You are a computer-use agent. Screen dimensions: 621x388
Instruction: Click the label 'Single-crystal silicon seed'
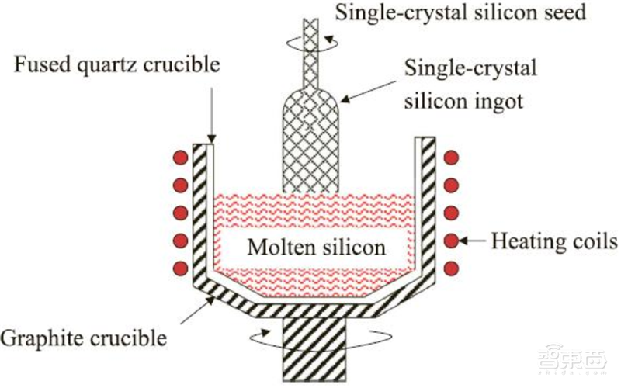tap(460, 12)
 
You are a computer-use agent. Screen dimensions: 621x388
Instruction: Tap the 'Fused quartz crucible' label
tap(117, 64)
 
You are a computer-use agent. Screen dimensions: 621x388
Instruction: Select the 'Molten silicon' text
tap(316, 247)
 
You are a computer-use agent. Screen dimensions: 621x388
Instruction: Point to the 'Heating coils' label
tap(554, 241)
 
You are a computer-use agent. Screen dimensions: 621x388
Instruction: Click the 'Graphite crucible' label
tap(84, 338)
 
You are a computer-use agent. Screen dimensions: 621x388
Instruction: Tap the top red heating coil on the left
tap(181, 158)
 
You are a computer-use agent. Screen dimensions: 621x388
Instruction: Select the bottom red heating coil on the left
tap(181, 268)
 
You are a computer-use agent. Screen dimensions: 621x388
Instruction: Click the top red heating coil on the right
tap(451, 158)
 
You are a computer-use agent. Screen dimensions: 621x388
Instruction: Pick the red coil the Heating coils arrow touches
tap(451, 241)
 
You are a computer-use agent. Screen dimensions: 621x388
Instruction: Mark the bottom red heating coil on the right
tap(451, 268)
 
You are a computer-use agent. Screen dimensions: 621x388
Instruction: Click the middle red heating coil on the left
tap(181, 213)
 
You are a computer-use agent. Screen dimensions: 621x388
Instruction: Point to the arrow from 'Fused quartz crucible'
tap(211, 115)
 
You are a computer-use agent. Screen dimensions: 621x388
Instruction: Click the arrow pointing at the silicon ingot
tap(368, 92)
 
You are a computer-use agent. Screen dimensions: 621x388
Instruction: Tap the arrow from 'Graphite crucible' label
tap(198, 310)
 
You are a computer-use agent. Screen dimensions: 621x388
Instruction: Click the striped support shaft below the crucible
tap(314, 348)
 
